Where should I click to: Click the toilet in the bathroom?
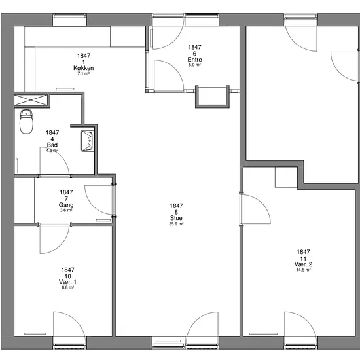click(x=26, y=122)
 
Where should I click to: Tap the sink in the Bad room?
click(x=87, y=141)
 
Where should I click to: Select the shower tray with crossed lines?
click(x=31, y=100)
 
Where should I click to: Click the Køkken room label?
click(x=84, y=68)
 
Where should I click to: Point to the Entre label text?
click(x=194, y=60)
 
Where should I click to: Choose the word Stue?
click(x=176, y=218)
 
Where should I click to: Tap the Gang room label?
click(x=66, y=205)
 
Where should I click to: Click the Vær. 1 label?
click(x=67, y=282)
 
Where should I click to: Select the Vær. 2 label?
click(x=303, y=264)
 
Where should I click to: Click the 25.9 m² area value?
click(x=176, y=224)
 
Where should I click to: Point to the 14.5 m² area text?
click(x=303, y=270)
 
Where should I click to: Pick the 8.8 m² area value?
click(x=67, y=287)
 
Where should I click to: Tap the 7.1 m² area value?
click(x=84, y=74)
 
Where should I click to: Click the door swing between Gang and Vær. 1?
click(x=54, y=239)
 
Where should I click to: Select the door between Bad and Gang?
click(x=54, y=162)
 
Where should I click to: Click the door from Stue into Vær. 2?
click(x=255, y=209)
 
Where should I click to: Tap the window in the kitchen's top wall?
click(x=70, y=20)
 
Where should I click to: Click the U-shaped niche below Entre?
click(x=212, y=97)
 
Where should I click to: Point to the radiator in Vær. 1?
click(x=35, y=334)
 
